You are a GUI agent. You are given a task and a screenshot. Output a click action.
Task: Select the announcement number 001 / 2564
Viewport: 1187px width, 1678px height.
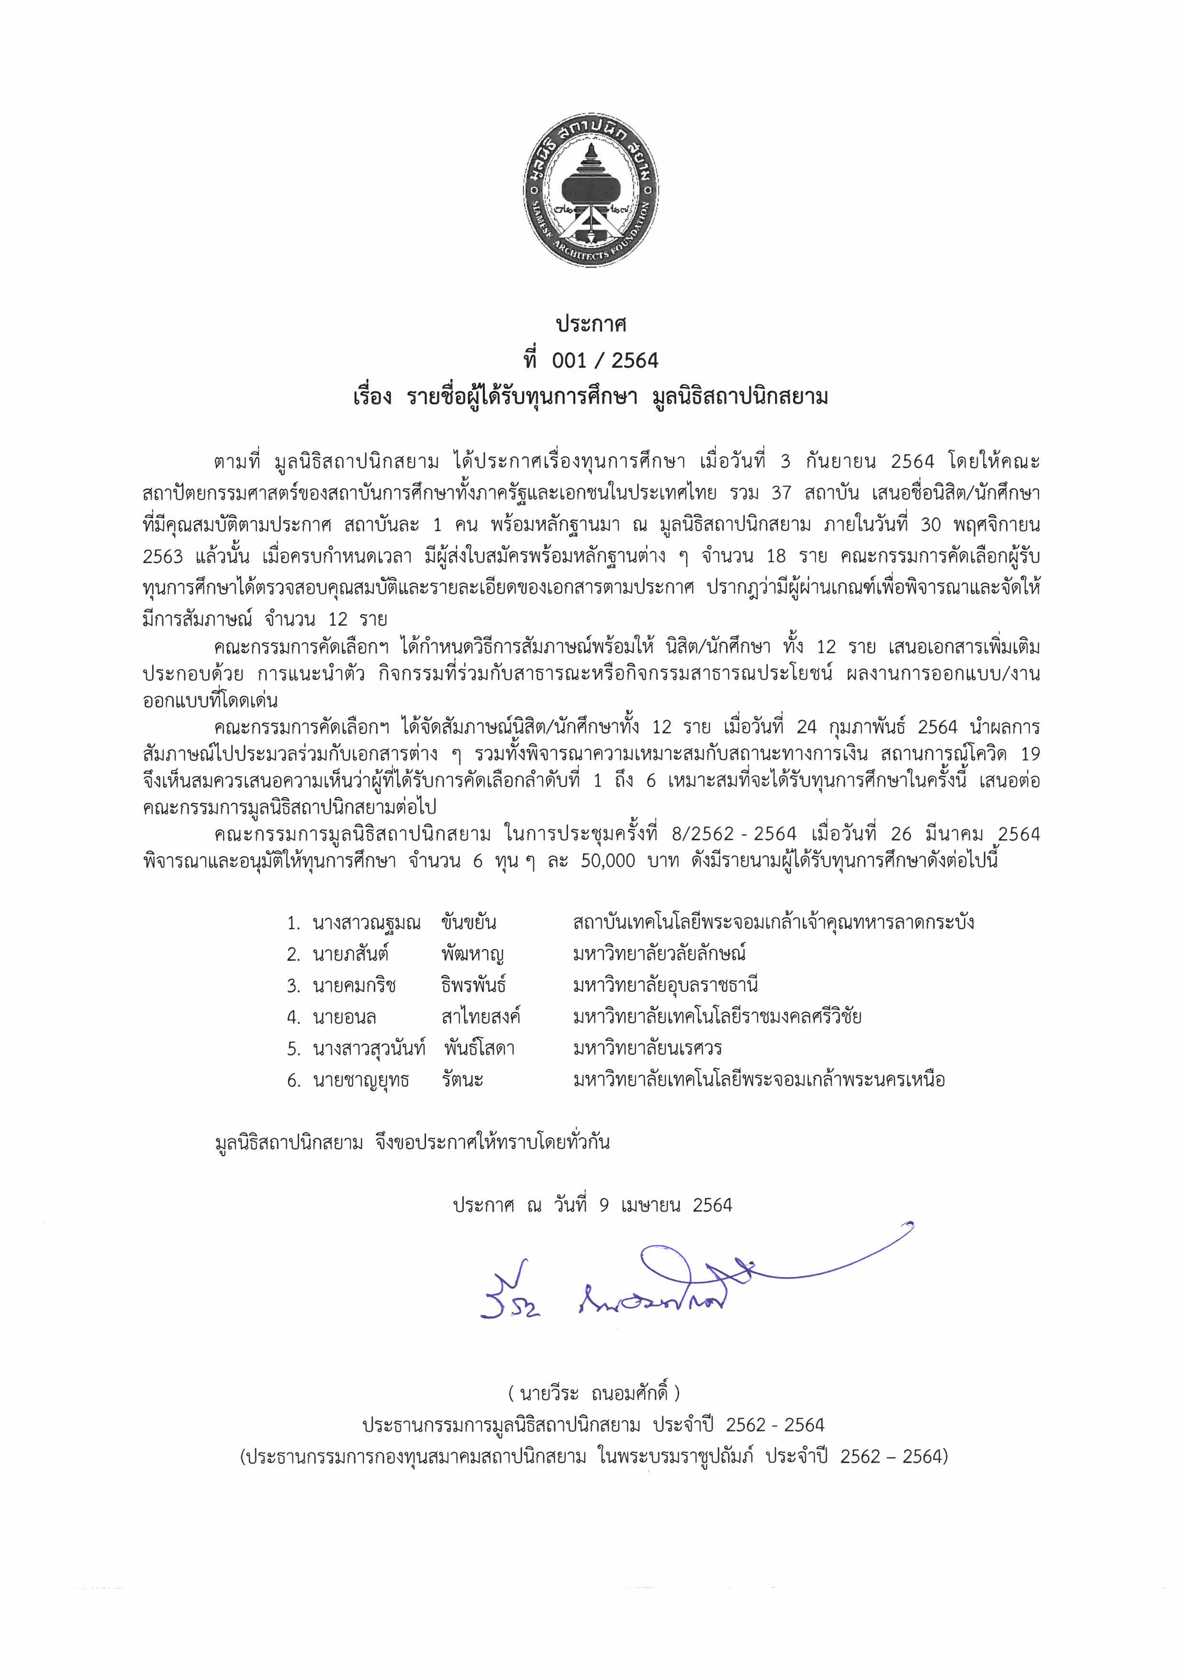point(605,360)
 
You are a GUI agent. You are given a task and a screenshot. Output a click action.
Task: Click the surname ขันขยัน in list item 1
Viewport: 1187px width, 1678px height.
point(469,922)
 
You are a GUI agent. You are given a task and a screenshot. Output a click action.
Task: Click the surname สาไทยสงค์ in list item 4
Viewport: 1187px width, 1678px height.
point(480,1017)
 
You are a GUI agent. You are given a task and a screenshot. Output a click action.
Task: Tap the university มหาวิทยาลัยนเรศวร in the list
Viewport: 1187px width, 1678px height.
point(648,1048)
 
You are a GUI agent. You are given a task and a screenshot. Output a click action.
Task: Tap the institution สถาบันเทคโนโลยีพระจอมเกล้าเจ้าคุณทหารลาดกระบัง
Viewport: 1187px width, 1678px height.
point(773,922)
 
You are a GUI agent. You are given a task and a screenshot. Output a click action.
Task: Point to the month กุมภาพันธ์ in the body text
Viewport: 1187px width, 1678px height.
point(867,727)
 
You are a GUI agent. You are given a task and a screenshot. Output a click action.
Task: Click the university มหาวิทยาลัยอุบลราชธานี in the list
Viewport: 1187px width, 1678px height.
point(665,985)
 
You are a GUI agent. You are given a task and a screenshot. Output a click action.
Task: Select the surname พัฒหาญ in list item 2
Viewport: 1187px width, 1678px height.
point(472,954)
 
